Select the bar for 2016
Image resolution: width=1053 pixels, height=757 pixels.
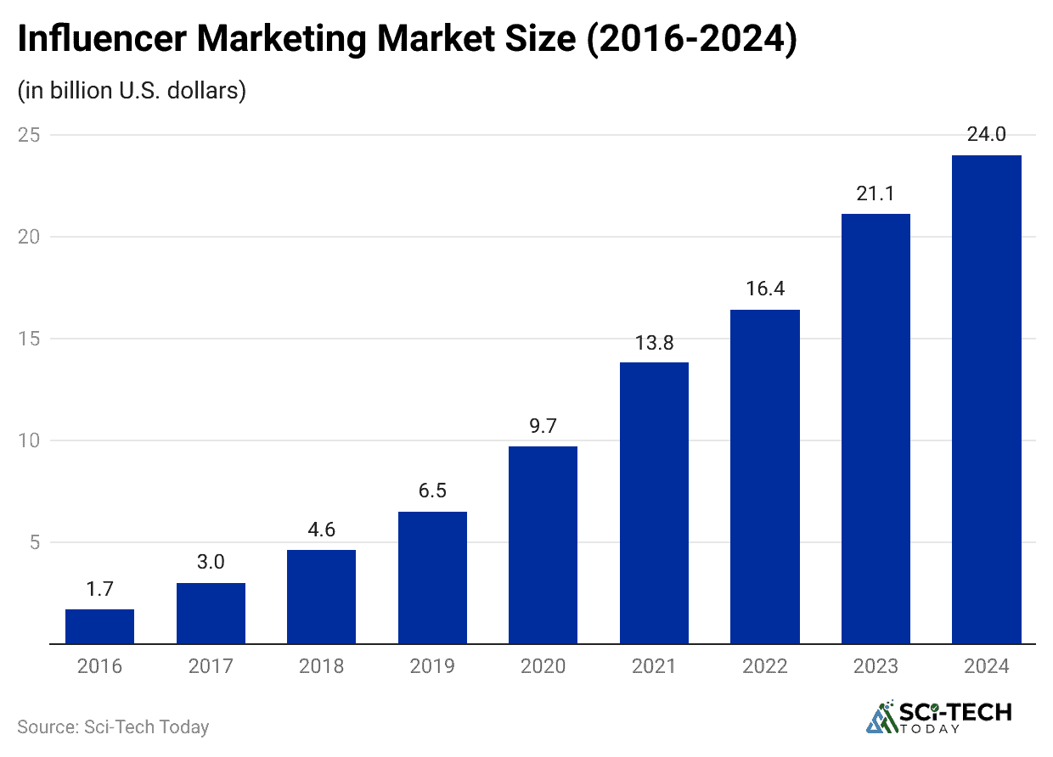[99, 626]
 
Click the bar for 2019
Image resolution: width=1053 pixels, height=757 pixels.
[431, 577]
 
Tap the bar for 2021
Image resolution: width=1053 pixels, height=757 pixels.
[654, 502]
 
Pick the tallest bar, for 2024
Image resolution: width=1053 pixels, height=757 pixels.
[986, 399]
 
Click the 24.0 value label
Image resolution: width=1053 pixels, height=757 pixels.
[986, 134]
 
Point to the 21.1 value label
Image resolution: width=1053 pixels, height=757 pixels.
[876, 193]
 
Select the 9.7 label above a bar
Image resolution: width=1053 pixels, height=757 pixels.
[543, 426]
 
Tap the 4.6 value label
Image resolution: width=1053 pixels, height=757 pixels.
[321, 530]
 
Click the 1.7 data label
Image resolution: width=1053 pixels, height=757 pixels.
[99, 589]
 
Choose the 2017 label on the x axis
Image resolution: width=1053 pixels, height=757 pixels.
[211, 666]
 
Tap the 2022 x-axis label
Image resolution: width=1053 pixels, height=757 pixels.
[764, 666]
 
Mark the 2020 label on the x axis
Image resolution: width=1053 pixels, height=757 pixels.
[543, 666]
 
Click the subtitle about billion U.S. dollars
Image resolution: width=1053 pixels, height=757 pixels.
[132, 90]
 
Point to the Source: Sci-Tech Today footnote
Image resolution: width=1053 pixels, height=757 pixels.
[113, 727]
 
